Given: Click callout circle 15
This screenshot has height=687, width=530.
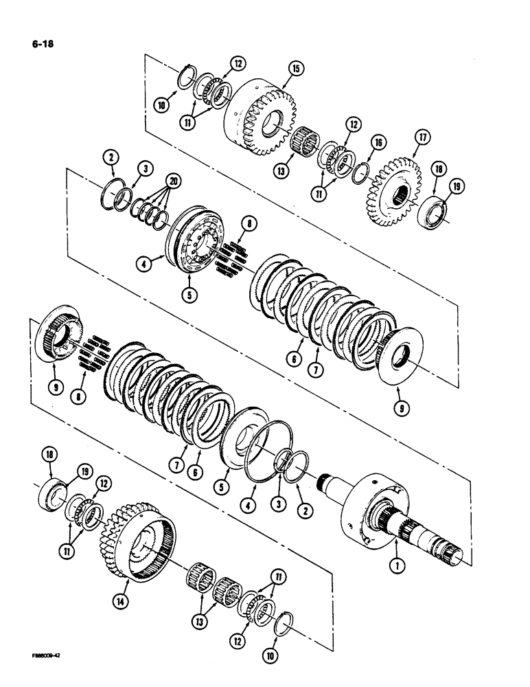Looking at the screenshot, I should point(295,68).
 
